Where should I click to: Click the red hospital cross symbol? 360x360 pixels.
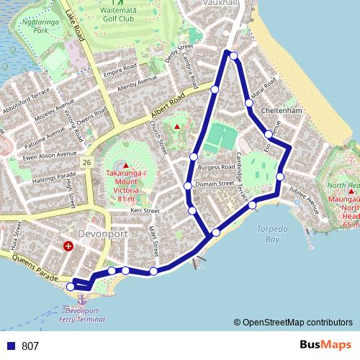click(x=68, y=246)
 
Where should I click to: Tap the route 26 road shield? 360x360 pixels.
click(x=86, y=163)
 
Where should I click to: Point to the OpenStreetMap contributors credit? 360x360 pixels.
click(x=293, y=323)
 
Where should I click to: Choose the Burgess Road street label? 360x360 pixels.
click(x=217, y=167)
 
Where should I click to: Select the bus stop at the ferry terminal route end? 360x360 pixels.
click(x=71, y=287)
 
